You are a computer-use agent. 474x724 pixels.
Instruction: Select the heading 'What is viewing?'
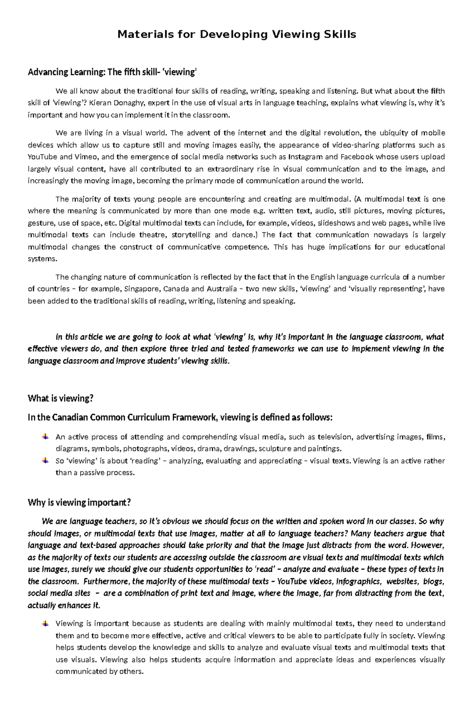pos(60,398)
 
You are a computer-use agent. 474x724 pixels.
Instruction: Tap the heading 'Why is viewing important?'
pos(79,503)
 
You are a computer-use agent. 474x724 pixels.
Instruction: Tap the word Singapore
pos(141,289)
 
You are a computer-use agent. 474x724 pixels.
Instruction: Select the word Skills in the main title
pos(340,35)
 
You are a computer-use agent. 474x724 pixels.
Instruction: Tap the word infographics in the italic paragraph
pos(361,581)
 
